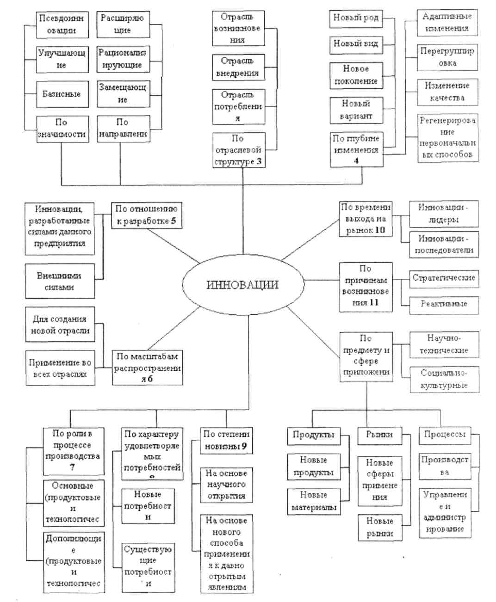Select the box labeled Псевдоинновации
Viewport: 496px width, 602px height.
tap(62, 25)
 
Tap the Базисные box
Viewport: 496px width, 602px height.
tap(62, 94)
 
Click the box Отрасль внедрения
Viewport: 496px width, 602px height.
tap(238, 67)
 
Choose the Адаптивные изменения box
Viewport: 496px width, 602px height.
tap(446, 22)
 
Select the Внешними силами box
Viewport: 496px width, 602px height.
tap(60, 281)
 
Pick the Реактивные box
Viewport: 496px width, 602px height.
tap(444, 304)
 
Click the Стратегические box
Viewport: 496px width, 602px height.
tap(444, 278)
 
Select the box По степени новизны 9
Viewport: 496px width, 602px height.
tap(226, 440)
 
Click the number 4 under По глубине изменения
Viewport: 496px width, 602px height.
tap(356, 161)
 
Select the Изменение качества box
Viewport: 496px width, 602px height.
tap(447, 92)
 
